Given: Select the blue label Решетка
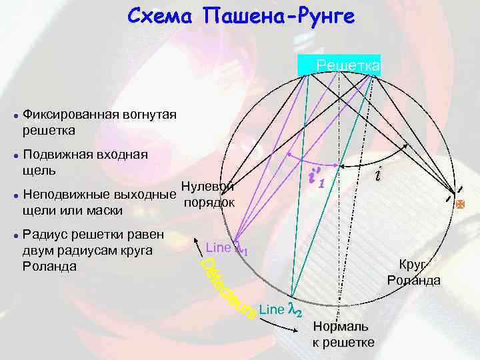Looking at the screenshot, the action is [348, 65].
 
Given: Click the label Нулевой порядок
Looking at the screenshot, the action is [207, 194].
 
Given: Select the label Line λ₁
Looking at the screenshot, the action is [227, 248].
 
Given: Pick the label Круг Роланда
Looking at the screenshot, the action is [414, 271].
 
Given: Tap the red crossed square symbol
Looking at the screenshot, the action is [459, 206].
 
